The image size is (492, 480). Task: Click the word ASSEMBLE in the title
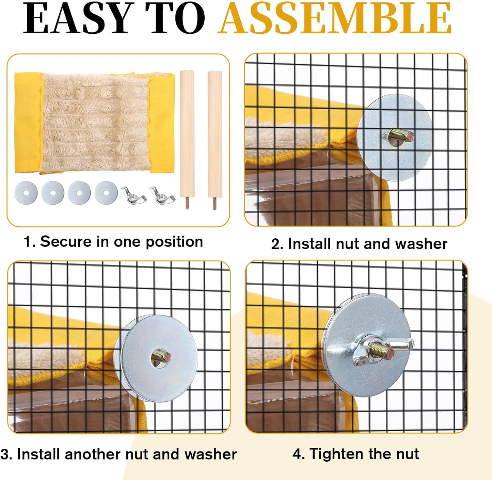334,18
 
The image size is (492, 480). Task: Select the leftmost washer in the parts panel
26,193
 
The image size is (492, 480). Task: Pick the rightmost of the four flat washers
106,193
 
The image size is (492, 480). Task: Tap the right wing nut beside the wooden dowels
162,195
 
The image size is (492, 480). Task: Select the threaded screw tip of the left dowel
187,203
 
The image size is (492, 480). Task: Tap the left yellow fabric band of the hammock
28,123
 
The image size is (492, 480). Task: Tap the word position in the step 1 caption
174,242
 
